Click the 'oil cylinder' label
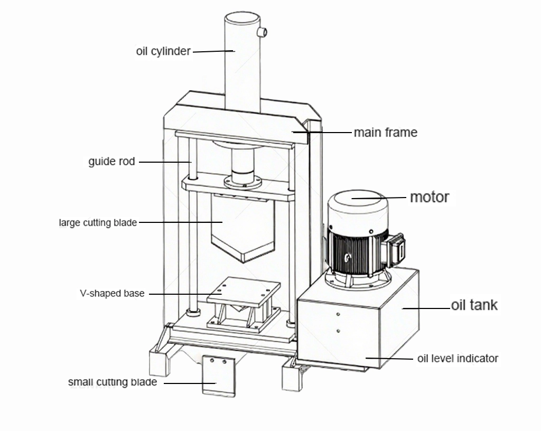(163, 51)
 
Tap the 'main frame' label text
(385, 132)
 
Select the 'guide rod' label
(111, 161)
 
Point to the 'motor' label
(430, 197)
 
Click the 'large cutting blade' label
(98, 223)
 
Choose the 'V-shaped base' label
(112, 293)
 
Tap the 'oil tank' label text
(474, 305)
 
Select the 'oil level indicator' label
(458, 358)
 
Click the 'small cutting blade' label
(113, 382)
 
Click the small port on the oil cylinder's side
(262, 32)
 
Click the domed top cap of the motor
(358, 203)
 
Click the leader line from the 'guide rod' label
(164, 162)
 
